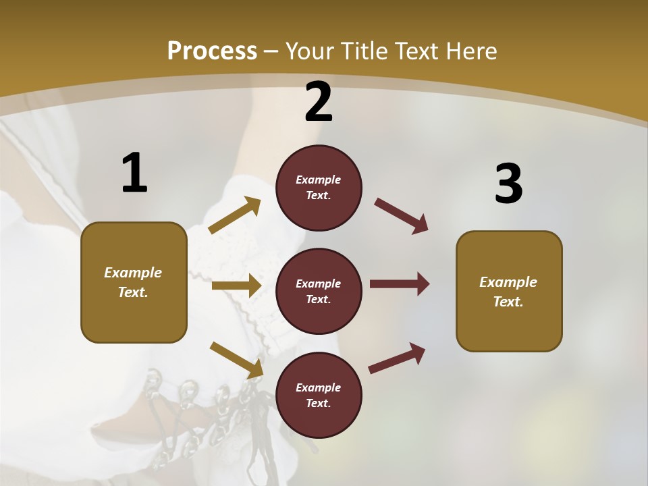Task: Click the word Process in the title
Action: tap(212, 51)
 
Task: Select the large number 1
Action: tap(134, 173)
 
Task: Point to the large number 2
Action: tap(319, 102)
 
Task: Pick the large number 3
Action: tap(508, 184)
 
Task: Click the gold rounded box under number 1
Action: tap(134, 282)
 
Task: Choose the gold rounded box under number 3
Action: tap(509, 292)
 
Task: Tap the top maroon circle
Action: tap(319, 188)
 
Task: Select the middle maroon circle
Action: tap(319, 291)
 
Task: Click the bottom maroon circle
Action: tap(319, 395)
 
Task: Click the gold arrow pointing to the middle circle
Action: tap(236, 286)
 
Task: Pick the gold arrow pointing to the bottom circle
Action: tap(236, 360)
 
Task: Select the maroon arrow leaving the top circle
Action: tap(402, 216)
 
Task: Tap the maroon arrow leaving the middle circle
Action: tap(400, 283)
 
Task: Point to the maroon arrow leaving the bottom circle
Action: tap(397, 358)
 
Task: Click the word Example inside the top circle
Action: tap(319, 180)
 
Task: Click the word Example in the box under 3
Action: tap(508, 282)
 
